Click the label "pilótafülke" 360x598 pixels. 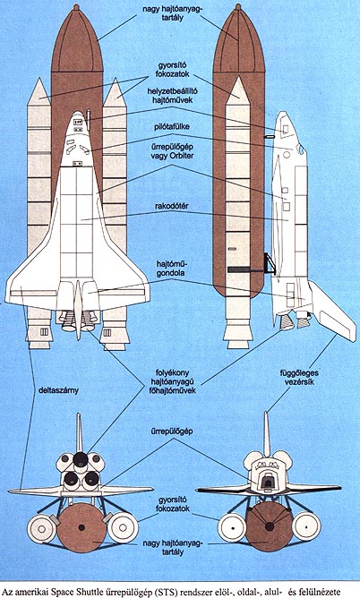(172, 126)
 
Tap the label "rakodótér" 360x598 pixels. (172, 206)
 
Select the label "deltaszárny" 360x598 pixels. (58, 390)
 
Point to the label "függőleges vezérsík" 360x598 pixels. (299, 377)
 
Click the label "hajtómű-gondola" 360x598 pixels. (172, 269)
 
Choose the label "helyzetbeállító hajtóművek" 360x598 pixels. (172, 96)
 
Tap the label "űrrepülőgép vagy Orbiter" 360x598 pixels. (171, 151)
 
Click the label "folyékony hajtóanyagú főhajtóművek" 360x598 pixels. (172, 381)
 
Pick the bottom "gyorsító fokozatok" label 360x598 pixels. (172, 504)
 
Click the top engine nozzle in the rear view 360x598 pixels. (81, 459)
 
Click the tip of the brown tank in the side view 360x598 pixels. (238, 6)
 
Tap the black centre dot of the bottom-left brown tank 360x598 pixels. (81, 527)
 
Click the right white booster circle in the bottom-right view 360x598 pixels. (306, 526)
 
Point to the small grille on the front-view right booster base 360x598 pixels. (107, 332)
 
